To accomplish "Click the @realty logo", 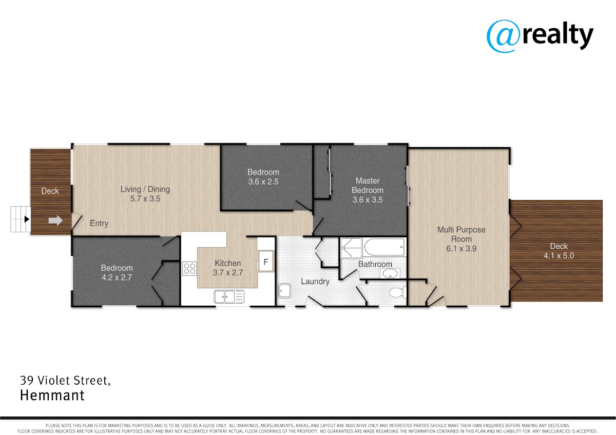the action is [x=540, y=36].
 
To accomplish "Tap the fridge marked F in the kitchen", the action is [x=266, y=261].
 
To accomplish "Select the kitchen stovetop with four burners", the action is [x=189, y=268].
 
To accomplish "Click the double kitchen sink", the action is [x=229, y=297].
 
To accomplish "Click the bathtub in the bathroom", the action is [x=384, y=247].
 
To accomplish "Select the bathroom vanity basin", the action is [x=390, y=273].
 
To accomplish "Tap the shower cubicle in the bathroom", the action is [x=351, y=248].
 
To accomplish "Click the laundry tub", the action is [x=285, y=291].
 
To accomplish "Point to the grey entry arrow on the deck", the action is [x=55, y=221].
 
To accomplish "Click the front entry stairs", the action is [x=21, y=219].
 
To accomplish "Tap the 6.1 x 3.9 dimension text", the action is [x=461, y=249].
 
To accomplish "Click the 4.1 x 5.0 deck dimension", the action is [x=559, y=256].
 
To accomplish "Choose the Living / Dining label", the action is [x=145, y=189].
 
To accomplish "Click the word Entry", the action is [x=99, y=224].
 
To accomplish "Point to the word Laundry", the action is [x=315, y=282].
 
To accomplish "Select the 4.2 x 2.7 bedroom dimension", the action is [x=117, y=278].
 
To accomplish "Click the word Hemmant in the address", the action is [x=52, y=396].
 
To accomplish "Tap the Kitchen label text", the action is [x=228, y=263].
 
